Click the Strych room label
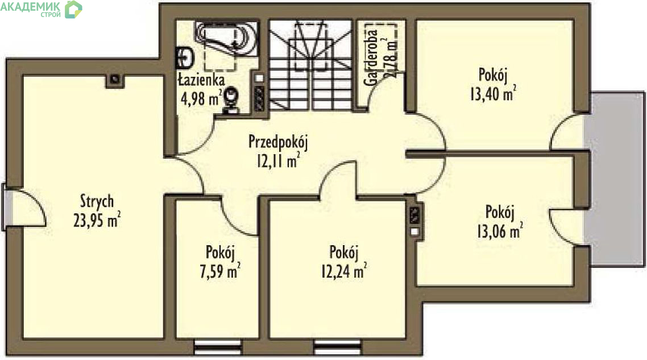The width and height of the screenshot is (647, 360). (x=97, y=201)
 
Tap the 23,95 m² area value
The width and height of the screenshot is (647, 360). (x=97, y=220)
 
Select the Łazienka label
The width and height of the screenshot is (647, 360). (x=201, y=80)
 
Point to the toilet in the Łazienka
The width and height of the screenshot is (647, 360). (x=231, y=100)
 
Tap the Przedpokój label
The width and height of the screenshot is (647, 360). (x=278, y=142)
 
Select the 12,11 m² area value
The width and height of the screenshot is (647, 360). (x=278, y=160)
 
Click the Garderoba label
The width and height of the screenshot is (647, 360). (x=371, y=58)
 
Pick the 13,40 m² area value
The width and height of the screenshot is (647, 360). (x=493, y=94)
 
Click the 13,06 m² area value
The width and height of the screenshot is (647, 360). (x=500, y=231)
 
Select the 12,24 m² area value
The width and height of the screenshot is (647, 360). (x=344, y=271)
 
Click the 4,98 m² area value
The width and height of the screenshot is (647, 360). (x=202, y=98)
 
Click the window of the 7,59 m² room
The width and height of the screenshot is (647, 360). (x=217, y=347)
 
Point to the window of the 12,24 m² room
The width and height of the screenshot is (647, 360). (x=337, y=347)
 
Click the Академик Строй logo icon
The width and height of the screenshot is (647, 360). (x=73, y=9)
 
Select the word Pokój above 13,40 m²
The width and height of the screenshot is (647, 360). (x=493, y=75)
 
